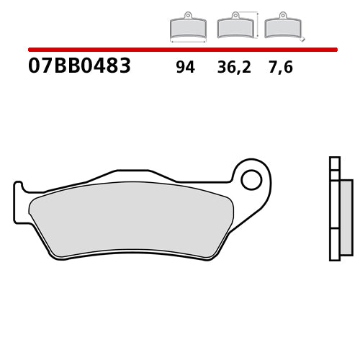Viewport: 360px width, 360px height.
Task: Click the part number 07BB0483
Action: (x=79, y=67)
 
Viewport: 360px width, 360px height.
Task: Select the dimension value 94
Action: (x=185, y=68)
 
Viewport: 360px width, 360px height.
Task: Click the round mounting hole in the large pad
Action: (x=251, y=179)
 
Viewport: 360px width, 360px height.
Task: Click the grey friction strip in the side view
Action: (x=346, y=217)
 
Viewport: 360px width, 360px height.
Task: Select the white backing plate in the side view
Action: (x=334, y=216)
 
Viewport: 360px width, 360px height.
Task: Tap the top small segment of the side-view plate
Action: (x=334, y=163)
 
